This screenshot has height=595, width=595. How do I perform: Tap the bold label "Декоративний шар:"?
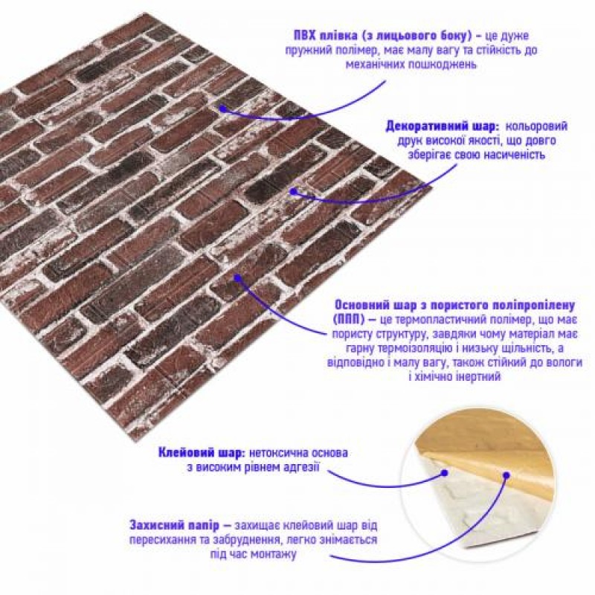pyautogui.click(x=431, y=126)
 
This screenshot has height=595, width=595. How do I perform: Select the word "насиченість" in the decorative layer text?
pyautogui.click(x=509, y=155)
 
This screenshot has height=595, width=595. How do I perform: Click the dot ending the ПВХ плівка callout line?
pyautogui.click(x=222, y=106)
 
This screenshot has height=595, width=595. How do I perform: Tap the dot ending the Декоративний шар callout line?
pyautogui.click(x=295, y=191)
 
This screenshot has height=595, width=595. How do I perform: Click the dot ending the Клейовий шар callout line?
pyautogui.click(x=444, y=472)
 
